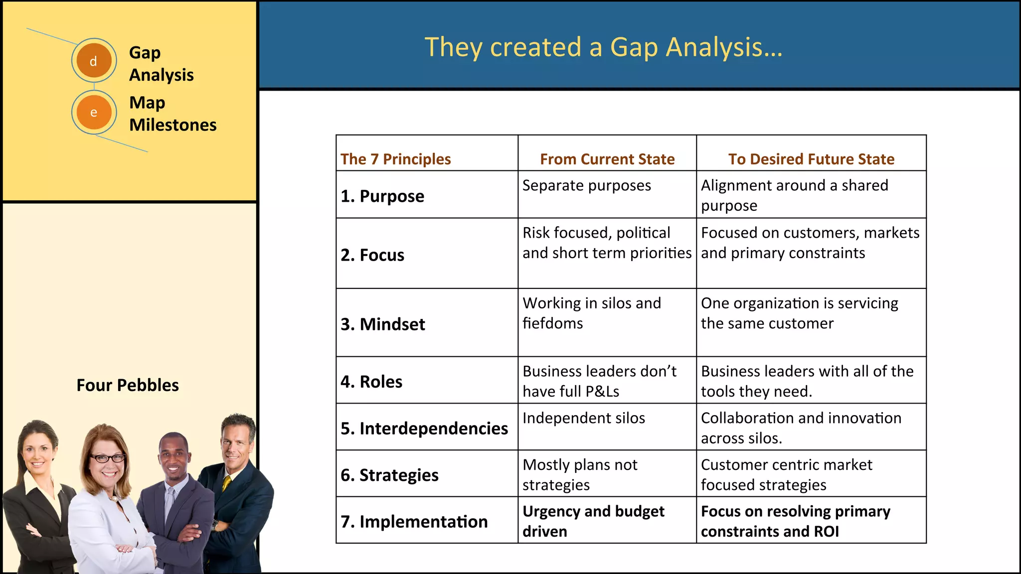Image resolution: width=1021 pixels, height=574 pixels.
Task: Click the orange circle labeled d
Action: [x=94, y=61]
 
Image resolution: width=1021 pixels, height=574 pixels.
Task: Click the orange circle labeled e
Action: [x=94, y=112]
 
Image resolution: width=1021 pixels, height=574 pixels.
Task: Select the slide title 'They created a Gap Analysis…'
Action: [x=603, y=47]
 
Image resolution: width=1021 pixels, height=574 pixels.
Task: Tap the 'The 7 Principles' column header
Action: [x=395, y=159]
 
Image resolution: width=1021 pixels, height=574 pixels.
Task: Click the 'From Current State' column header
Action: [x=607, y=159]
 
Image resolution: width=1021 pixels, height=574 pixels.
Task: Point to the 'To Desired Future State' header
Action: [x=811, y=159]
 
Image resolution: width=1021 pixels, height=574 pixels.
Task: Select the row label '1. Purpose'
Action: [x=382, y=196]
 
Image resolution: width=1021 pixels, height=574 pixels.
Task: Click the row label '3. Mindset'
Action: [x=383, y=324]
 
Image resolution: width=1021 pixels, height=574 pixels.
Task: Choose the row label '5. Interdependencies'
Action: [x=424, y=428]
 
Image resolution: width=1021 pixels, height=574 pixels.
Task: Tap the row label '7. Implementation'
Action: [x=414, y=521]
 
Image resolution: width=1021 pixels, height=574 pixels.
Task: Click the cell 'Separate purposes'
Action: [x=586, y=185]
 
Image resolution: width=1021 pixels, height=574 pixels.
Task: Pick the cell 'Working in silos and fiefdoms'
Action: [x=592, y=313]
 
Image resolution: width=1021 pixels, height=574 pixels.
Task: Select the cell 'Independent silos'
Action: [x=583, y=418]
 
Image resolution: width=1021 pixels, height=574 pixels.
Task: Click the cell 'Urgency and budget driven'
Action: [x=593, y=521]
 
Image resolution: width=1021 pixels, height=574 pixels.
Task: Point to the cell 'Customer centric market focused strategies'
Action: [x=786, y=474]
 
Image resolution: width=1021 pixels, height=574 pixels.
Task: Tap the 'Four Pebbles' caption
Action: [x=128, y=385]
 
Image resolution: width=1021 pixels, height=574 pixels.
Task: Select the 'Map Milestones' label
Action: [x=172, y=114]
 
